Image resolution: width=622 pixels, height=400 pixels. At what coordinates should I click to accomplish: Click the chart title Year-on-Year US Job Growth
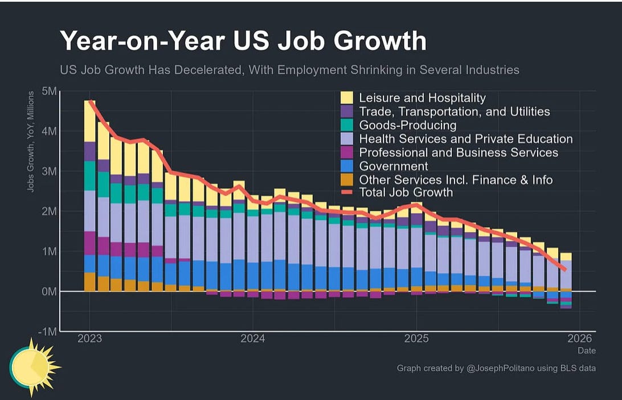coord(243,42)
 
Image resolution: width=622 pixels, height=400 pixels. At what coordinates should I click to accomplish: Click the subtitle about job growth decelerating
coord(289,70)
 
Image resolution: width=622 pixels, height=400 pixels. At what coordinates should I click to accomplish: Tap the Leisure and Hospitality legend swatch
coord(347,98)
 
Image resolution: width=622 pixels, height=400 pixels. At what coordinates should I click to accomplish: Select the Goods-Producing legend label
coord(407,125)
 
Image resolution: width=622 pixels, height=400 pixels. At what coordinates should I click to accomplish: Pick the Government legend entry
coord(393,166)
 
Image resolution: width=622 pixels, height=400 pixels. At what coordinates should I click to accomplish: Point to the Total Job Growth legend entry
coord(406,193)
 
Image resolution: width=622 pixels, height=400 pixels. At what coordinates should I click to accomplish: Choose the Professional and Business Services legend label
coord(459,153)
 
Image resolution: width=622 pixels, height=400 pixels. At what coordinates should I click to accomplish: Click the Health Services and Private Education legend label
coord(465,139)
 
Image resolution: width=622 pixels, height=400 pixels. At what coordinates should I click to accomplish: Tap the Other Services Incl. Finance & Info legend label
coord(456,180)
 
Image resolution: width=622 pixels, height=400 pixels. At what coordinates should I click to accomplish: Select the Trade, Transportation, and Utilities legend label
coord(454,112)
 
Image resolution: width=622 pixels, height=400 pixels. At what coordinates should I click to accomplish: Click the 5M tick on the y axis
coord(50,92)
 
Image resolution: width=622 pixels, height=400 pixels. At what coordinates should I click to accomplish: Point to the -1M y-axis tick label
coord(48,332)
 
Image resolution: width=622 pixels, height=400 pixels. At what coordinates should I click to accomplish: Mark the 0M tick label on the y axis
coord(49,291)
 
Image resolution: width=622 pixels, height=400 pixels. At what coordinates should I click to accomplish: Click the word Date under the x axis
coord(587,351)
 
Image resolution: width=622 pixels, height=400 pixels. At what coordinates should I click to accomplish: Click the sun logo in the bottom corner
coord(33,366)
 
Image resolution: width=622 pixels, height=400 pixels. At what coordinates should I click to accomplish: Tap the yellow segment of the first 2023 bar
coord(90,121)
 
